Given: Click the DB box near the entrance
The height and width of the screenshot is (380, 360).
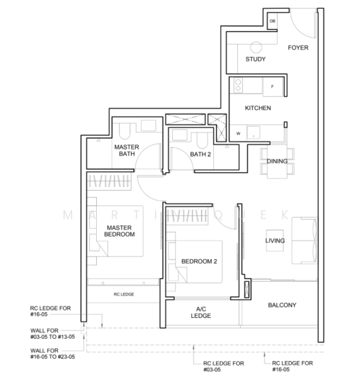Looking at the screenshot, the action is (272, 21).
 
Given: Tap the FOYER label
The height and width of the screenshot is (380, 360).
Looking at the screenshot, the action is (298, 47).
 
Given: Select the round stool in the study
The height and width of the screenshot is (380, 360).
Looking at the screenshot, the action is (256, 47).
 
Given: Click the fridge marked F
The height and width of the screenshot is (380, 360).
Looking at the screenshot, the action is (273, 87).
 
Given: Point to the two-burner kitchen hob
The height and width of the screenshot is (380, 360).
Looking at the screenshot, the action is (239, 85).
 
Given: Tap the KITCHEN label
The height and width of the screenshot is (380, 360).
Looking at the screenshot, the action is (258, 108).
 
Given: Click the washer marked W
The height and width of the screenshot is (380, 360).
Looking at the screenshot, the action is (239, 133).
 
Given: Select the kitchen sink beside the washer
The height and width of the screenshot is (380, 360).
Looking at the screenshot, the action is (253, 133).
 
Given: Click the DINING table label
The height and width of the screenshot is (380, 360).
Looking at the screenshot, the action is (277, 161).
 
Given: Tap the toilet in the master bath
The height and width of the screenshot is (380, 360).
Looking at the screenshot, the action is (125, 131).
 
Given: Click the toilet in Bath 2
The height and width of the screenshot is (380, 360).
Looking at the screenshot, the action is (202, 140).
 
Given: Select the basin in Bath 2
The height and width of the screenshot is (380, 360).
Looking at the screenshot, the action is (180, 135).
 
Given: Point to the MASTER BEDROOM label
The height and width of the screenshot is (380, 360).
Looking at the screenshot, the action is (120, 231).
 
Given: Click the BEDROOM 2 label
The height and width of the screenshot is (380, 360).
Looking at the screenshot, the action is (199, 262).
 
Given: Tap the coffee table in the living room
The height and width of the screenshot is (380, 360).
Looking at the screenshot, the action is (275, 241).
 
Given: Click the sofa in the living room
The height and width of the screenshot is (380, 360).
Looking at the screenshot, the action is (304, 241).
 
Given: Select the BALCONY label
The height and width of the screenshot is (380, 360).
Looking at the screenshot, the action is (282, 305).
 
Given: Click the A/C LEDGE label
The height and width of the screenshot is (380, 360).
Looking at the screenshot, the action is (201, 312).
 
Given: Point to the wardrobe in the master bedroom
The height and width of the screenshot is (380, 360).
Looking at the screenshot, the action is (109, 181).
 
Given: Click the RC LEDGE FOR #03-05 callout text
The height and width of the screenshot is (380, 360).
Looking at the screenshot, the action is (223, 367).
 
